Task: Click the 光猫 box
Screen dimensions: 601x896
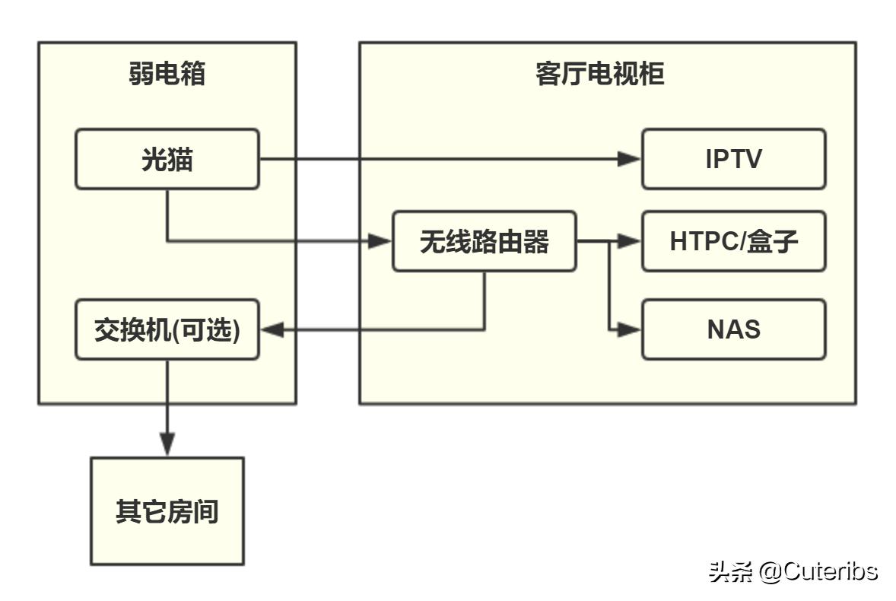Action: tap(167, 159)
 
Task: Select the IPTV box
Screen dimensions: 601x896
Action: tap(733, 159)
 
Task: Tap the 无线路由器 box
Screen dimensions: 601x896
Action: tap(484, 242)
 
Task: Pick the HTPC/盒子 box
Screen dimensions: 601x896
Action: tap(733, 242)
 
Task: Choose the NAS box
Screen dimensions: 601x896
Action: tap(733, 329)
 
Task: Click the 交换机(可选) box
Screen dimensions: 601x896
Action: tap(167, 329)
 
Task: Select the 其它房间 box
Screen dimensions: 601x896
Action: tap(167, 511)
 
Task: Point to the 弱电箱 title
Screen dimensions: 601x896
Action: tap(167, 75)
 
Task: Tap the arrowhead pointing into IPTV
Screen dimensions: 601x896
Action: tap(630, 159)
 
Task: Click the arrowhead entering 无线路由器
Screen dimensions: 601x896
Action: tap(380, 242)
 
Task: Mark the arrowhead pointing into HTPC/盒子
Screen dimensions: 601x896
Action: tap(630, 242)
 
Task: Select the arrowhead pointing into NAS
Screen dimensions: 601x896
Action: tap(630, 329)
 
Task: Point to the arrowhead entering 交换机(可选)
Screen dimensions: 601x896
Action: tap(272, 329)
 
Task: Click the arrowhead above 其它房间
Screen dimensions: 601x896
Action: tap(167, 444)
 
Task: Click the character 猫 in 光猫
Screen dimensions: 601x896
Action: tap(180, 159)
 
